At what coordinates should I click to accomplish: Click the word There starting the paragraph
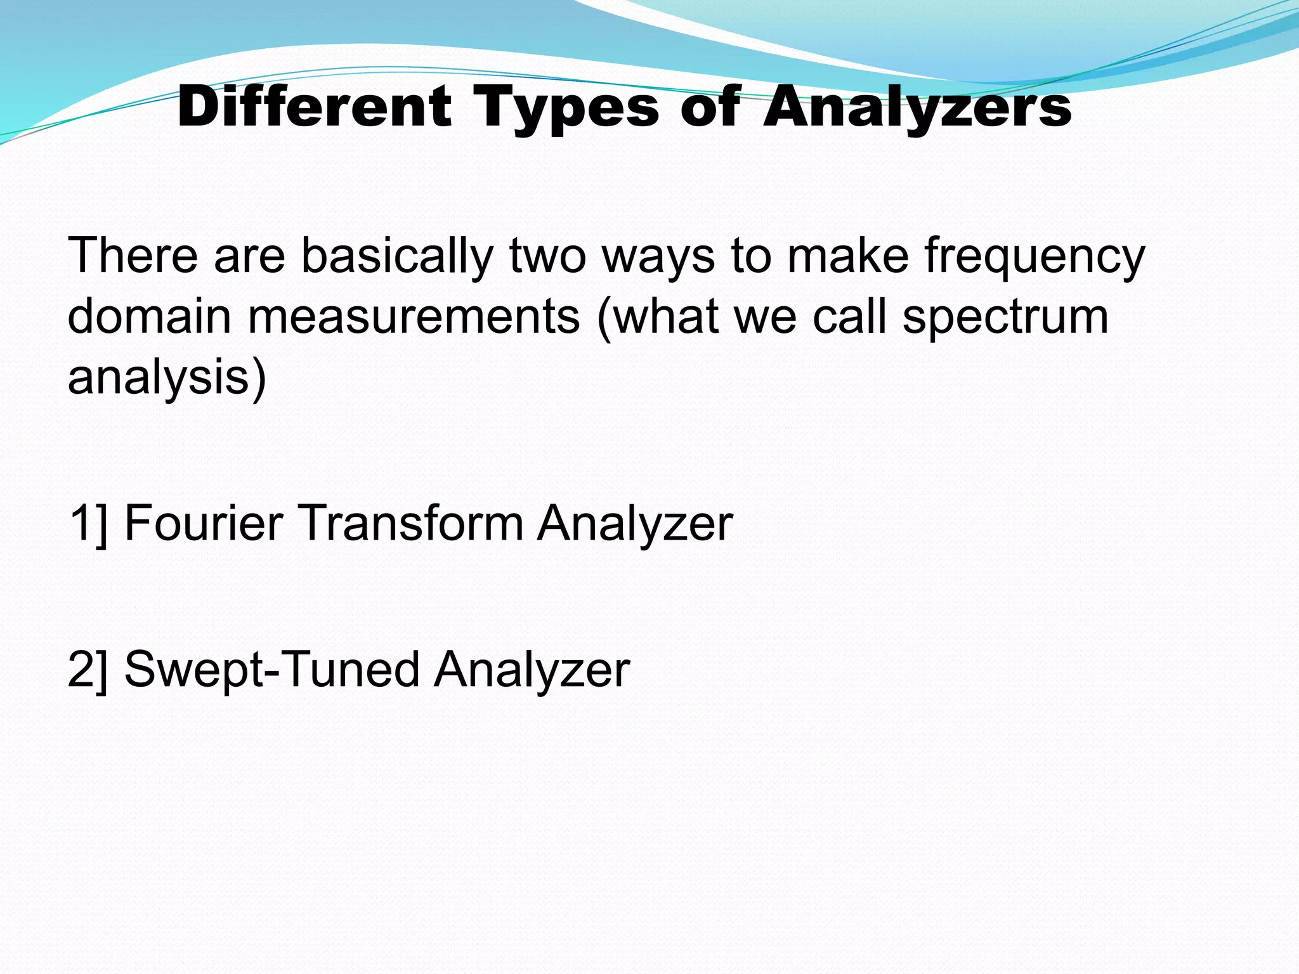[x=133, y=256]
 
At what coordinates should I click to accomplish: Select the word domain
[x=149, y=316]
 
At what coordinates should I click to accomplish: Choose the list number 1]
[x=88, y=524]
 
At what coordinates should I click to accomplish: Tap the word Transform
[x=410, y=523]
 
